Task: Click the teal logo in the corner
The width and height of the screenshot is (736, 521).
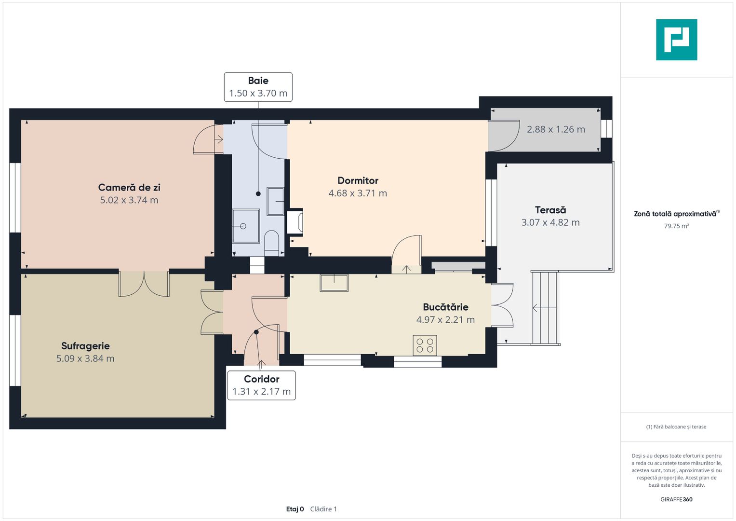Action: click(x=677, y=40)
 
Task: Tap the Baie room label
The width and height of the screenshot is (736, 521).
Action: click(x=258, y=81)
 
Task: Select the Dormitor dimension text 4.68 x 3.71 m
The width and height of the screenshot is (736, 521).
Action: click(x=358, y=193)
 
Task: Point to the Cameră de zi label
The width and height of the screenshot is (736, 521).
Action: click(x=129, y=188)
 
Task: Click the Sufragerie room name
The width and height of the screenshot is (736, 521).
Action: click(x=85, y=346)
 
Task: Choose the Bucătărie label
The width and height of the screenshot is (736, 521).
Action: click(x=445, y=307)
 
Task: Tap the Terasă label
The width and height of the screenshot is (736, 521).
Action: click(x=551, y=210)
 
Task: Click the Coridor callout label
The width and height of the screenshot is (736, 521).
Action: click(x=262, y=379)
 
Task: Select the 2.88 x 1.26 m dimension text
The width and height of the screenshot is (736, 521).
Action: click(x=556, y=129)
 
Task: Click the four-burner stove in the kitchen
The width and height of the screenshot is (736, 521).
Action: click(x=425, y=345)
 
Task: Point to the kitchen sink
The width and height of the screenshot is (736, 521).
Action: click(x=334, y=283)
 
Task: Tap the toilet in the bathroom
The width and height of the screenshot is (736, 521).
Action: click(x=271, y=243)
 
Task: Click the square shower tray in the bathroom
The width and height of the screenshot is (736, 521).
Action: click(x=246, y=226)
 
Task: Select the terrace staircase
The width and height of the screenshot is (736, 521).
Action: click(x=545, y=308)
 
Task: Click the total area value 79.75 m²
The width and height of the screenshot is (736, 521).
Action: click(x=677, y=226)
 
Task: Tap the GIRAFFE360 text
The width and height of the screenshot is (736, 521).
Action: click(x=676, y=499)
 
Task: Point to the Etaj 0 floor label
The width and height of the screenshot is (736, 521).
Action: click(x=294, y=509)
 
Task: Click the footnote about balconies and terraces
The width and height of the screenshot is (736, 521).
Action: click(x=676, y=426)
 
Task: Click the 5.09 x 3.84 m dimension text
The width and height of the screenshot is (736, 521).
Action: click(x=85, y=358)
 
